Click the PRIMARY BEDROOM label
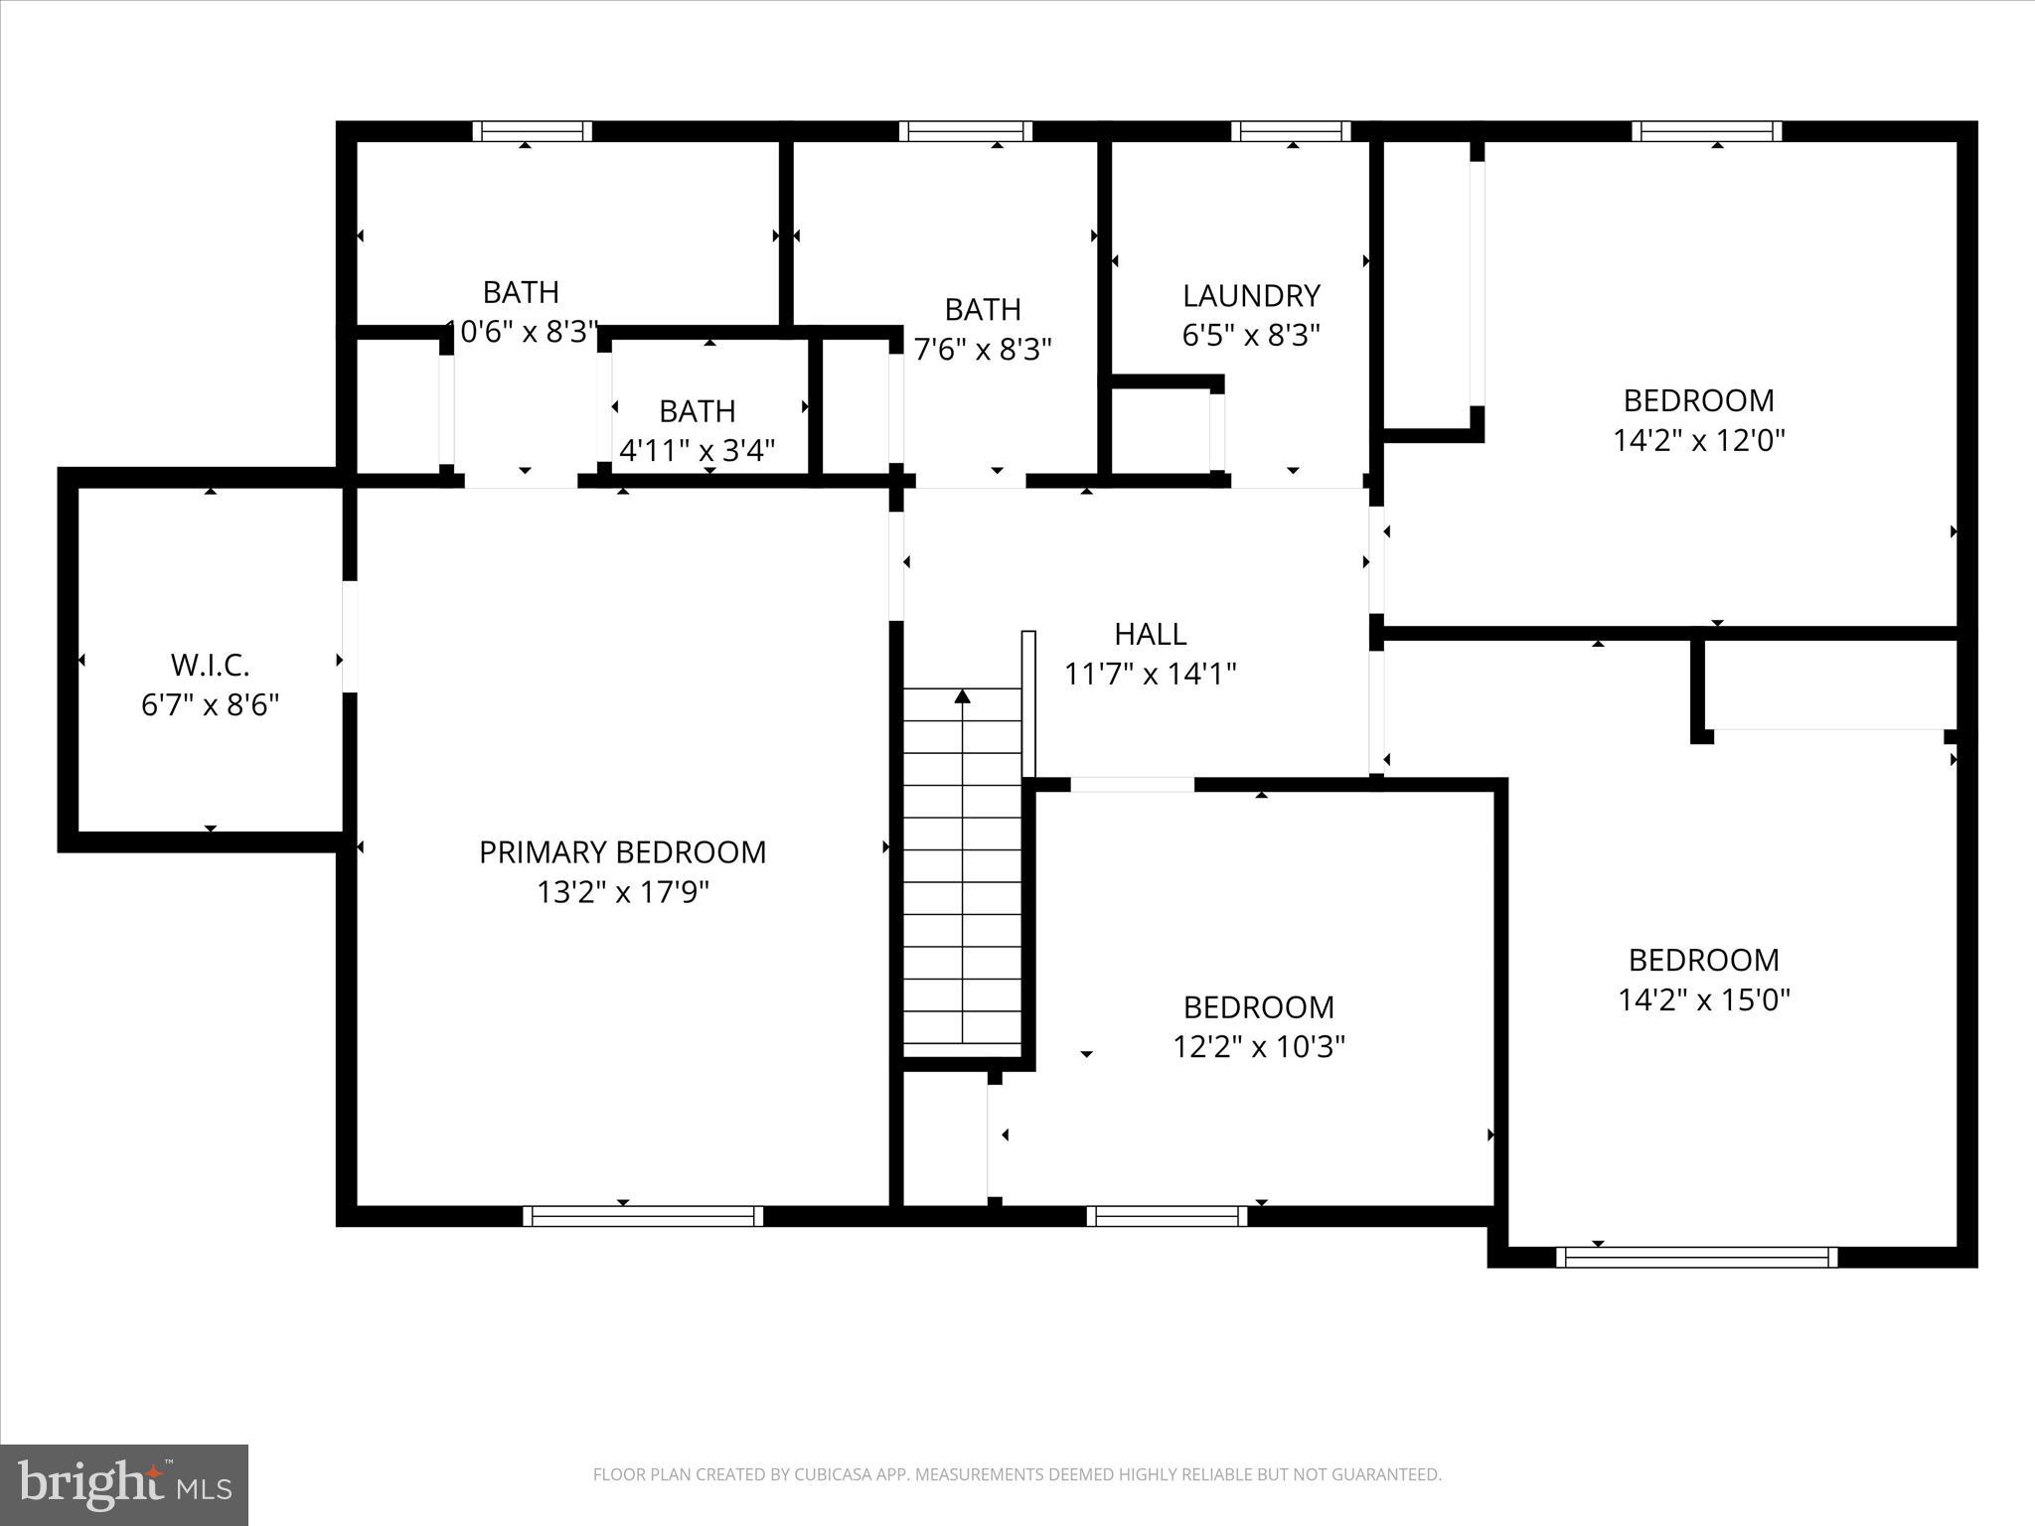click(622, 852)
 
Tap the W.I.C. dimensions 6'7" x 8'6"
click(210, 705)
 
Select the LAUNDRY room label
click(1251, 296)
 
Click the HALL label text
click(1150, 634)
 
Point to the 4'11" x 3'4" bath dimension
click(697, 451)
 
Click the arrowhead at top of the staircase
click(962, 696)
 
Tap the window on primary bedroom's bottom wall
click(643, 1216)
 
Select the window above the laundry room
click(1291, 131)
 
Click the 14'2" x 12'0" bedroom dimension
click(1698, 440)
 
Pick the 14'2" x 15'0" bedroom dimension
click(1703, 999)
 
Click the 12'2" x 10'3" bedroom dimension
click(1258, 1047)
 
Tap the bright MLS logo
click(124, 1484)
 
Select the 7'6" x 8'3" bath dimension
click(982, 350)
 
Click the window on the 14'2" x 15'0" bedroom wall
click(1696, 1257)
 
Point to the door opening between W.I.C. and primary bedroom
click(349, 636)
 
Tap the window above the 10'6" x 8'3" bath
click(532, 131)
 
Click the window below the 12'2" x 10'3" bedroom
click(1167, 1216)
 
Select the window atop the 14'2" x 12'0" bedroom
click(1706, 131)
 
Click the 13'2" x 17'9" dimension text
click(622, 893)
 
